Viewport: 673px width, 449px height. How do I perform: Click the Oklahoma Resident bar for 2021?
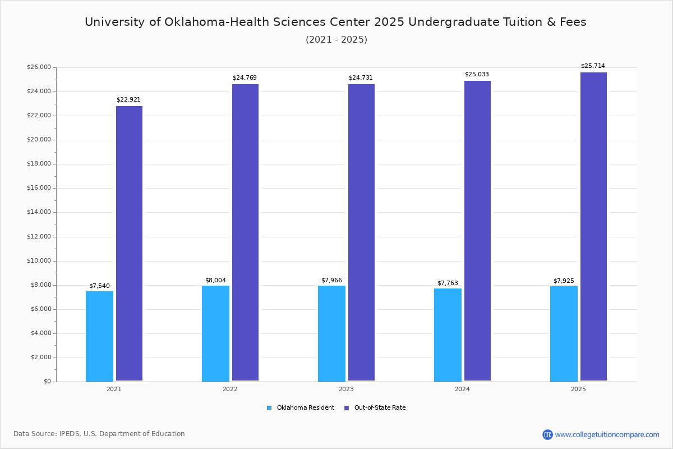[x=99, y=336]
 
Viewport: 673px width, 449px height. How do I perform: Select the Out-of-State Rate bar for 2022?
[x=245, y=232]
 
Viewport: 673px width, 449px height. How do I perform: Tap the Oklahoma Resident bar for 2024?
[x=448, y=335]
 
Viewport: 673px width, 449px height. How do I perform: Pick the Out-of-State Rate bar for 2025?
[x=593, y=227]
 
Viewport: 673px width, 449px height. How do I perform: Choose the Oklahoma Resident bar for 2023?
[x=331, y=333]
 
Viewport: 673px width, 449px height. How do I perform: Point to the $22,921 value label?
[x=128, y=100]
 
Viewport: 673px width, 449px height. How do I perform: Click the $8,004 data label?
[x=215, y=281]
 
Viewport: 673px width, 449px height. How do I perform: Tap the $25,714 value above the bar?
[x=593, y=66]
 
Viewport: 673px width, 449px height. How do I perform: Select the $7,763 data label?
[x=448, y=283]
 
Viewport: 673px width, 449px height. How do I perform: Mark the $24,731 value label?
[x=361, y=78]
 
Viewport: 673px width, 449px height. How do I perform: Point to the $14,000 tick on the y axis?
[x=39, y=212]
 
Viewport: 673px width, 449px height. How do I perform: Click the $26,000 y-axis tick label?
[x=39, y=67]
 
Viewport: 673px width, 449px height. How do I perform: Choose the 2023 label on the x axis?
[x=346, y=389]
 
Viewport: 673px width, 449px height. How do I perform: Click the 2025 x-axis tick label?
[x=578, y=389]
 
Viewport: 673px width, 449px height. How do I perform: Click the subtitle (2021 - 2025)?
[x=336, y=40]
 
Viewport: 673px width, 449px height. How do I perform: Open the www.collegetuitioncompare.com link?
[x=607, y=434]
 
